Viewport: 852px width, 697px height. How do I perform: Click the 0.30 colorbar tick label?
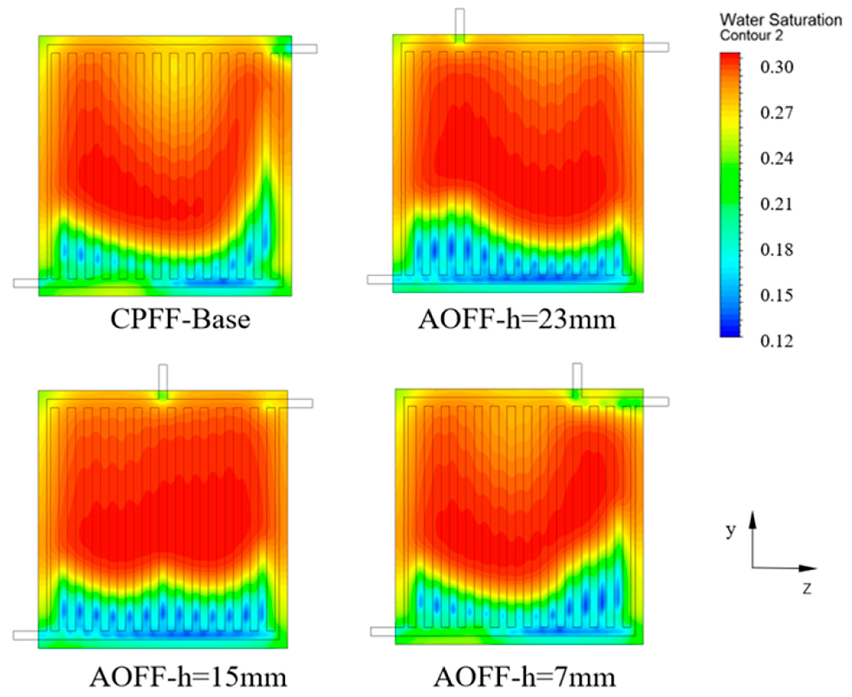tap(776, 67)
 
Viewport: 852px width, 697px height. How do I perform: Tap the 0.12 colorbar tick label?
tap(776, 341)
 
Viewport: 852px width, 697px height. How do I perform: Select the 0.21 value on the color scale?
tap(776, 204)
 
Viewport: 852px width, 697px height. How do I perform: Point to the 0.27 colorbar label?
tap(776, 112)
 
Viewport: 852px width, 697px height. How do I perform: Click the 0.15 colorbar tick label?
tap(776, 296)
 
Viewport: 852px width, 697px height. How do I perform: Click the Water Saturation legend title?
tap(781, 20)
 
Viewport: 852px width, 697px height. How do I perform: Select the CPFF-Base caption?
tap(180, 320)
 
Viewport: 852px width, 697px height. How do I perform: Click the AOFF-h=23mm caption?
tap(517, 320)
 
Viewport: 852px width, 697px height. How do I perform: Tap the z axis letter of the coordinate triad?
tap(807, 589)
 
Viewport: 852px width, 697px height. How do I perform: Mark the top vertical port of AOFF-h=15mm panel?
tap(163, 379)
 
